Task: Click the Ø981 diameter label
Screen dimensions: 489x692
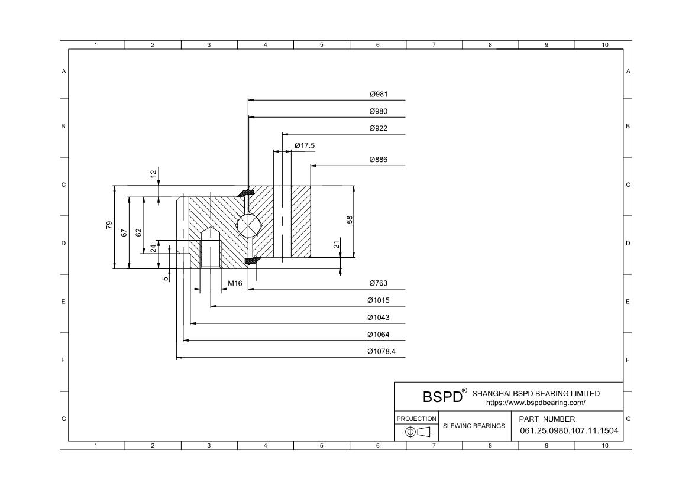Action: (x=378, y=95)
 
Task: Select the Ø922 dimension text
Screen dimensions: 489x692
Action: (x=378, y=128)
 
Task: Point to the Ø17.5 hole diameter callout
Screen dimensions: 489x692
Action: (x=305, y=145)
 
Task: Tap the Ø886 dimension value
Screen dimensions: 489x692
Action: (x=378, y=160)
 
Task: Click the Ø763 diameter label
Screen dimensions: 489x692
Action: (x=378, y=284)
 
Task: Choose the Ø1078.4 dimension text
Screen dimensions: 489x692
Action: (x=381, y=352)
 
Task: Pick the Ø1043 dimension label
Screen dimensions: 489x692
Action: (x=378, y=318)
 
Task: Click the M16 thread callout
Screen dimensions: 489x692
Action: (x=235, y=284)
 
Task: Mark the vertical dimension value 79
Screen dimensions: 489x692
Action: (x=109, y=225)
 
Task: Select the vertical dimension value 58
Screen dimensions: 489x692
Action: (x=350, y=219)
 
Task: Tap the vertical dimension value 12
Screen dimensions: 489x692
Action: (x=154, y=174)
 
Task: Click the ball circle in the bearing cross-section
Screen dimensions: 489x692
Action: (x=247, y=226)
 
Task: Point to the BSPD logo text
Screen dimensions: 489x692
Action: (x=442, y=396)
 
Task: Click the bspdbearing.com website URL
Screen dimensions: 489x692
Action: (x=535, y=403)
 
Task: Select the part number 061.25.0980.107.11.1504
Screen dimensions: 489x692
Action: (x=569, y=430)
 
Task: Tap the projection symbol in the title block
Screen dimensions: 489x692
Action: (x=416, y=432)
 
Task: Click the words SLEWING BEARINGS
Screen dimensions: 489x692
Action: (x=474, y=426)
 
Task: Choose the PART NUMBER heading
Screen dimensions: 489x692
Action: (x=547, y=419)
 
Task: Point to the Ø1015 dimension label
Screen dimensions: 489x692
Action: (x=378, y=301)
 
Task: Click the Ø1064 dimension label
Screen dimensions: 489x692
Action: (x=378, y=335)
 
